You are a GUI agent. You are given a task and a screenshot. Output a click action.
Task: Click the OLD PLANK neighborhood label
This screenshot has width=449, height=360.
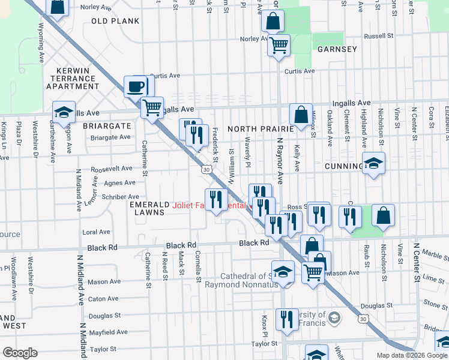pyautogui.click(x=115, y=21)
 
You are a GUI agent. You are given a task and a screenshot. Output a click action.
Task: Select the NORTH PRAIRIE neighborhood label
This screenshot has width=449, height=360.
pyautogui.click(x=260, y=128)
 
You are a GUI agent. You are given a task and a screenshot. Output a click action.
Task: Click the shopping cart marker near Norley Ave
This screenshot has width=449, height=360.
pyautogui.click(x=279, y=45)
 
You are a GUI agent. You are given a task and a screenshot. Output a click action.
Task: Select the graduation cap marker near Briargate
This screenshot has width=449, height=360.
pyautogui.click(x=64, y=112)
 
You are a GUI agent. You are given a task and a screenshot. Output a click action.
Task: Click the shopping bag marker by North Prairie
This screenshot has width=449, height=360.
pyautogui.click(x=301, y=114)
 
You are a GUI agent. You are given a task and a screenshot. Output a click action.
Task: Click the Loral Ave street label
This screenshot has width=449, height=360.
pyautogui.click(x=96, y=232)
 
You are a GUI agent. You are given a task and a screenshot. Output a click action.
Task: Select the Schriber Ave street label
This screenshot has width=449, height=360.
pyautogui.click(x=121, y=196)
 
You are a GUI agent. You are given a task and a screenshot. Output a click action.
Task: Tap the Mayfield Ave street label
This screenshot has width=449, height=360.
pyautogui.click(x=108, y=332)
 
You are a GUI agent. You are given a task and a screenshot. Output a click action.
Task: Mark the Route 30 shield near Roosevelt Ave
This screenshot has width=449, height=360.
pyautogui.click(x=206, y=170)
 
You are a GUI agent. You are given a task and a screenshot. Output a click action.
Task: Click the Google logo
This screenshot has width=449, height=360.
pyautogui.click(x=20, y=353)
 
